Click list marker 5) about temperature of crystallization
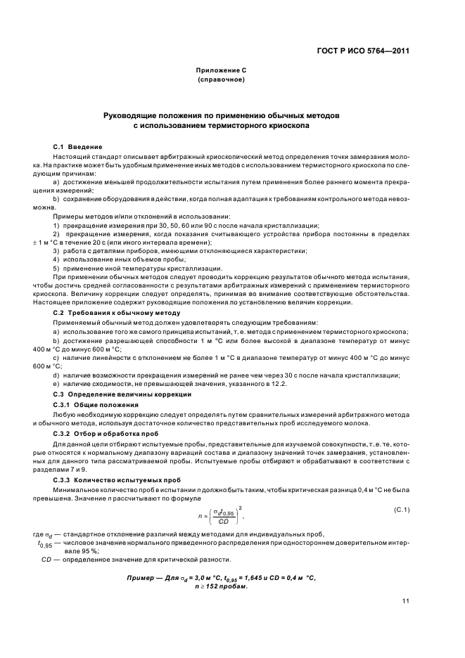pos(57,268)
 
